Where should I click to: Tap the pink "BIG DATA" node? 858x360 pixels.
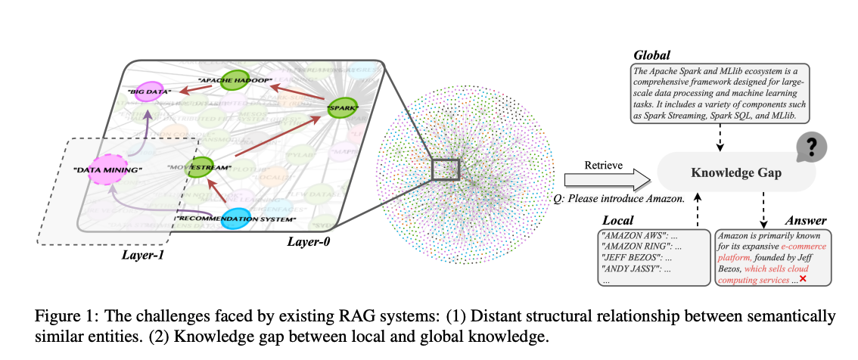149,91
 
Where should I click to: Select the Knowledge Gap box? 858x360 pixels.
736,173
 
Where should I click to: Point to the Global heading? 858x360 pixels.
651,55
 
